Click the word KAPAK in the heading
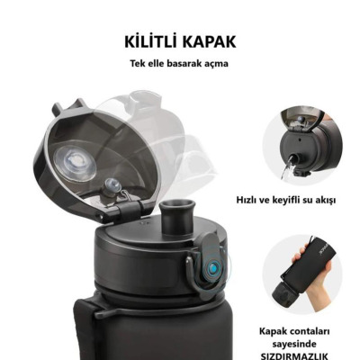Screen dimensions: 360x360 point(211,42)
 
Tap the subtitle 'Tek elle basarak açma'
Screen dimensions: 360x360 point(179,65)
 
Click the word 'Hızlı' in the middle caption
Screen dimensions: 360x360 point(249,200)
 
